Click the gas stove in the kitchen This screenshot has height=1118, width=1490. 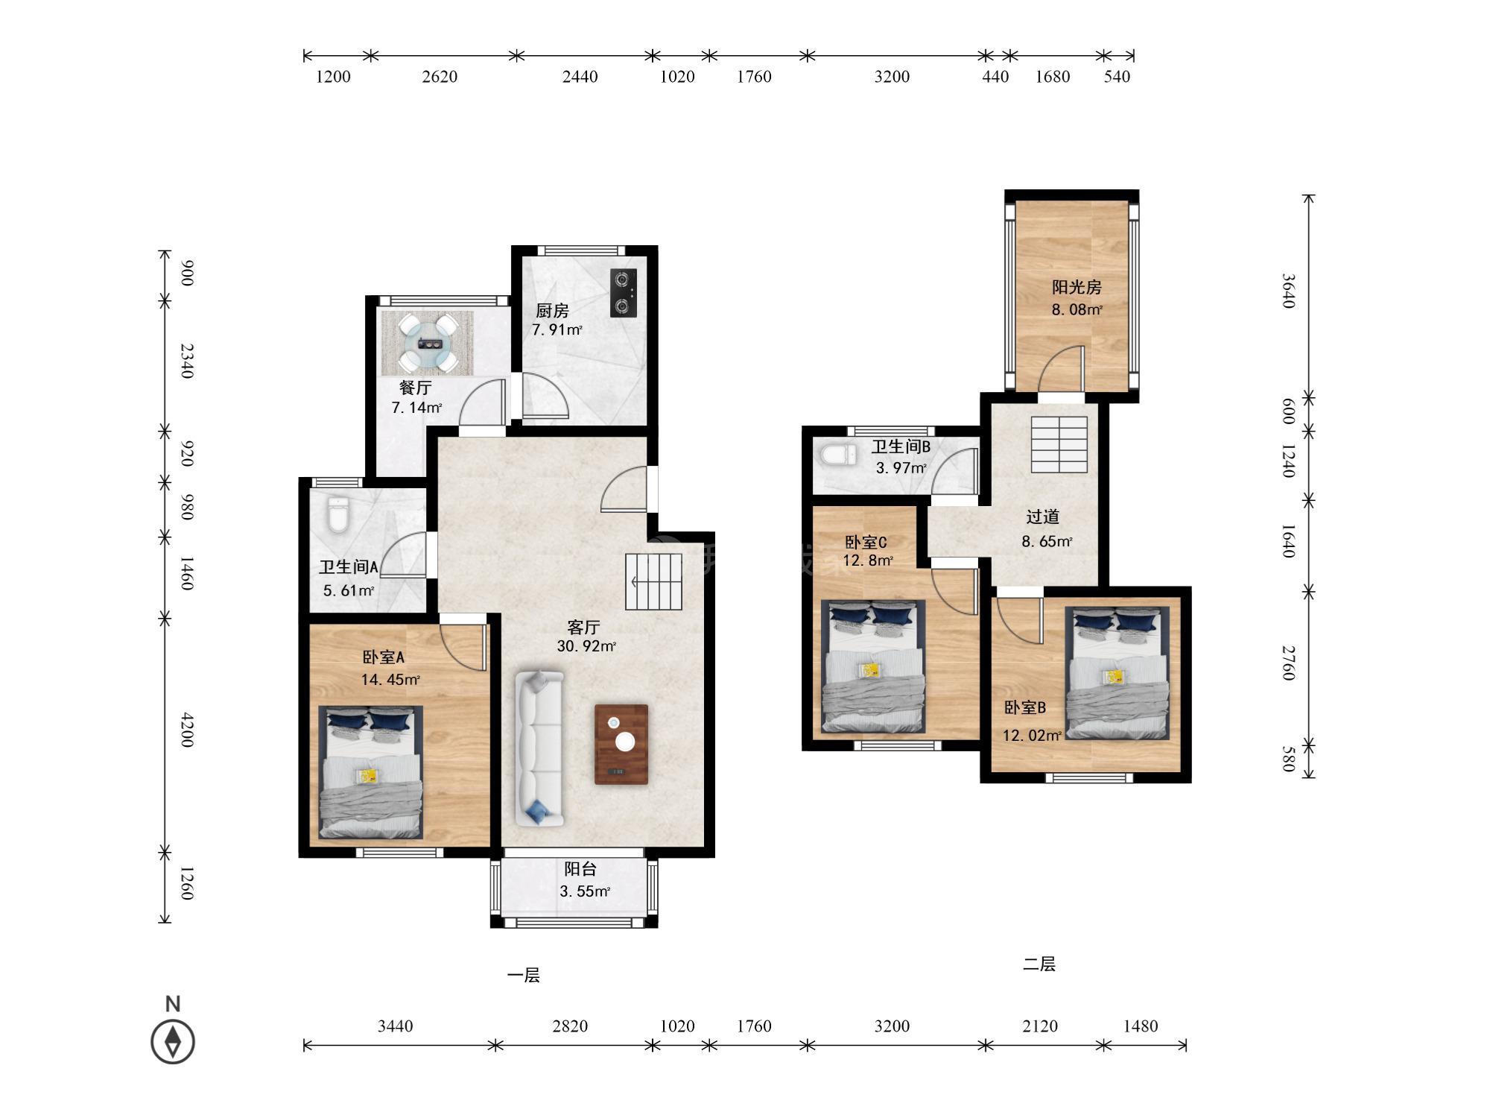pos(624,293)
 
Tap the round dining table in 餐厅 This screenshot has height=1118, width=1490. pos(428,344)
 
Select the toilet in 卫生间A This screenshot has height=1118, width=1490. pos(338,515)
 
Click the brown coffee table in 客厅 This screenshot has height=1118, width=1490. pos(621,745)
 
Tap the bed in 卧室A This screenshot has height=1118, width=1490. pos(371,772)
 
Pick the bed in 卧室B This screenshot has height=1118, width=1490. pos(1117,673)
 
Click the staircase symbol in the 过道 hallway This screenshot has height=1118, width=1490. pos(1059,444)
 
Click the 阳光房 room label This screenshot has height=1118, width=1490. pos(1077,287)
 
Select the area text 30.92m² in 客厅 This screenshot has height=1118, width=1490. pos(586,646)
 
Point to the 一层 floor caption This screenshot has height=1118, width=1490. pos(523,975)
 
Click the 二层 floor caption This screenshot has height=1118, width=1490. pos(1039,964)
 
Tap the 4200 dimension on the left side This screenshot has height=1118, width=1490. pos(187,730)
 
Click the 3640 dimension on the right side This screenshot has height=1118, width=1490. pos(1288,291)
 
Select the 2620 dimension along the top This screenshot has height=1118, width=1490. pos(440,76)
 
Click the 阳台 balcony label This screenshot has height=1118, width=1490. pos(580,868)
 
